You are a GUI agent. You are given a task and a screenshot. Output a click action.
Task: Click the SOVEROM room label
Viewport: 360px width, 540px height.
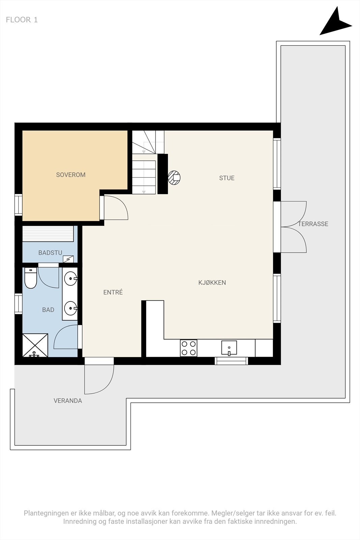[71, 175]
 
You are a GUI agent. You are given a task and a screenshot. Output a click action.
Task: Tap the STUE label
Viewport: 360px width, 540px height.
[227, 178]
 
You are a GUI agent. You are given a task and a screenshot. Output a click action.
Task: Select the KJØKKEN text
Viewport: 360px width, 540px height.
[212, 282]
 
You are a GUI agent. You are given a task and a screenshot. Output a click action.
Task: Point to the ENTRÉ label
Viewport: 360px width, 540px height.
[113, 292]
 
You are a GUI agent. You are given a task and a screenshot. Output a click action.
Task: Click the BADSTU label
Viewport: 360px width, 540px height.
[50, 253]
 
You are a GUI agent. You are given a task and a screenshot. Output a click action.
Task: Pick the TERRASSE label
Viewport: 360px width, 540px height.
[313, 224]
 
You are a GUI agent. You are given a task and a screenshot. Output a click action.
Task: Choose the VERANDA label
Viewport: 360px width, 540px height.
[68, 401]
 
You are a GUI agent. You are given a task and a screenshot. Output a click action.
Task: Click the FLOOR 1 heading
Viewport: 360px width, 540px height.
[22, 20]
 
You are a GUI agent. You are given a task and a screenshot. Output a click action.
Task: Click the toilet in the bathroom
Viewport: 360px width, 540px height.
[31, 278]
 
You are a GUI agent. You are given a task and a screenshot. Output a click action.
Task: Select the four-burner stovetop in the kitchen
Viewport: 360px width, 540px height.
[189, 348]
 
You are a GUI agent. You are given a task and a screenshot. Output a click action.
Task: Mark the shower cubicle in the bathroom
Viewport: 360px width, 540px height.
[35, 345]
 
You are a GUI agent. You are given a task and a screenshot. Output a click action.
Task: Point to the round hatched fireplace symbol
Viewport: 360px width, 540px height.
[174, 178]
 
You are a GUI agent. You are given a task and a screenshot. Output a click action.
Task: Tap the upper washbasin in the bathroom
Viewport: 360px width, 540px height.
[71, 279]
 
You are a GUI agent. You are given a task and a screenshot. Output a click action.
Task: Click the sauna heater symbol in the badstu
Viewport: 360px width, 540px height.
[68, 259]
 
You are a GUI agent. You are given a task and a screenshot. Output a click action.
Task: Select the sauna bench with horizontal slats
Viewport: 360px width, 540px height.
[48, 234]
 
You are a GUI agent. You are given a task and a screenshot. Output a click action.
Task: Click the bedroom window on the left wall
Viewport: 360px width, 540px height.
[19, 205]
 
